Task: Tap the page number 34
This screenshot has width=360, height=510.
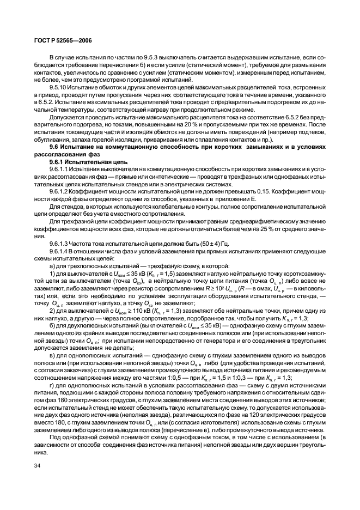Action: pos(37,465)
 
